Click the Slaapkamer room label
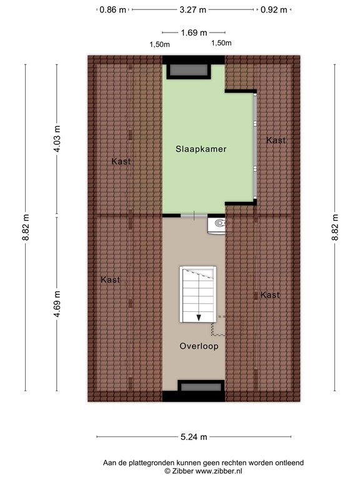200,149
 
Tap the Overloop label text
199,346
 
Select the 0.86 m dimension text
112,10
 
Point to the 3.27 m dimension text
193,10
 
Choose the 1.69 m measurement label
193,32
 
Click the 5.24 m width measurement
193,437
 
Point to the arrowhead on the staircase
199,317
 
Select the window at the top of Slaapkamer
193,70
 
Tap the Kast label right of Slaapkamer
276,140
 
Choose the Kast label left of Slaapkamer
121,161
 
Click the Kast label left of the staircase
110,280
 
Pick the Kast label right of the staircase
270,294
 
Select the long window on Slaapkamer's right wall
255,147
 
